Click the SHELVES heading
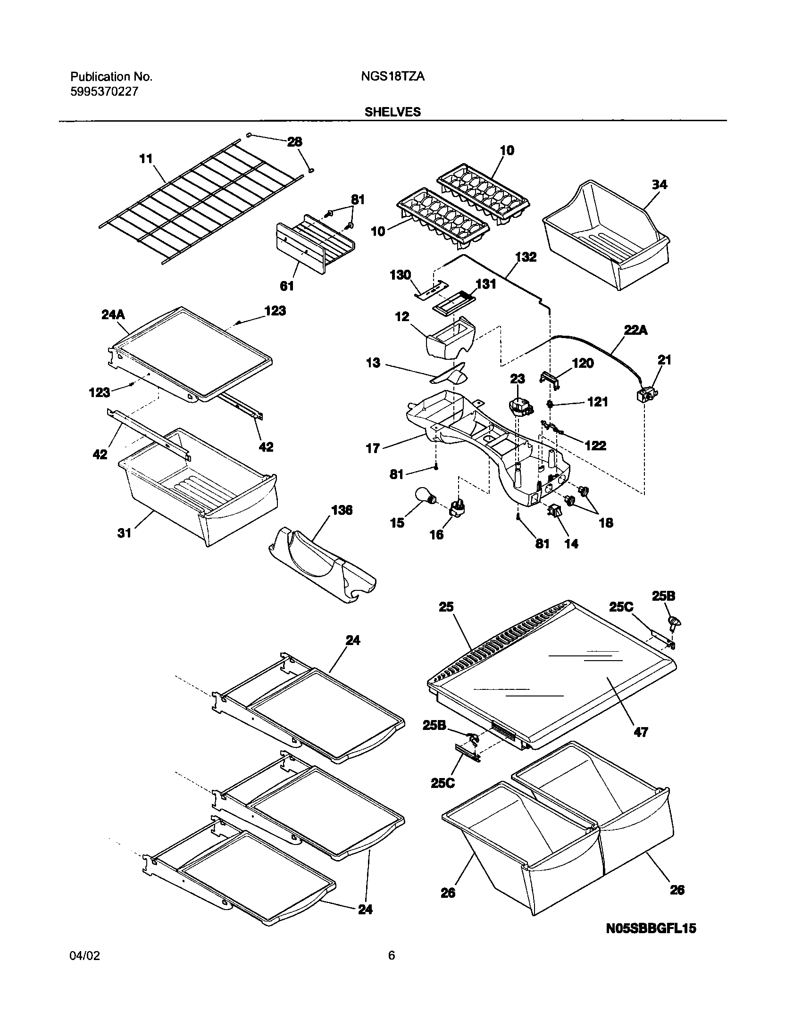(x=392, y=112)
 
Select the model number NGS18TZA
(x=392, y=77)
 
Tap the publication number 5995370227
(x=104, y=91)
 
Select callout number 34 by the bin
(x=659, y=185)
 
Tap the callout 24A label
(x=113, y=315)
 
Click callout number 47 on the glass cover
(x=641, y=732)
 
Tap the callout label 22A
(x=635, y=331)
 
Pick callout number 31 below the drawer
(x=124, y=533)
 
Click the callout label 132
(x=526, y=257)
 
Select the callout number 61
(x=287, y=286)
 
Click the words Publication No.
(x=111, y=77)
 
